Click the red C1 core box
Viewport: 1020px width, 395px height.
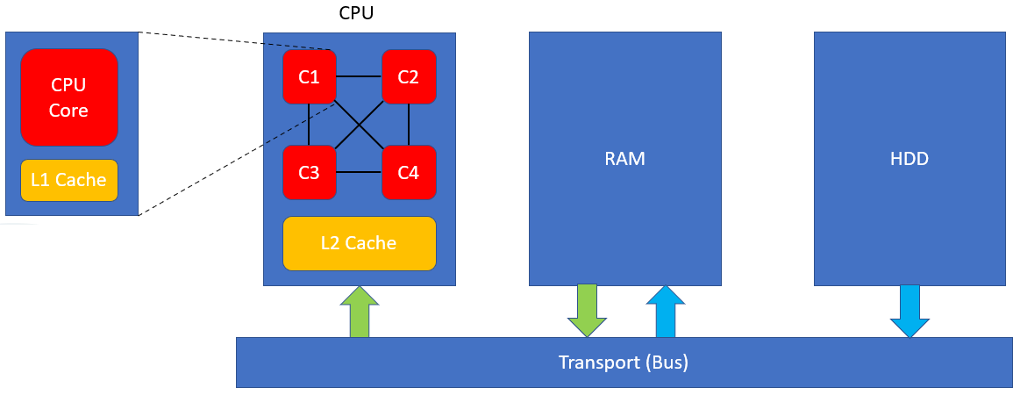[309, 76]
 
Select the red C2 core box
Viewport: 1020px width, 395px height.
[408, 76]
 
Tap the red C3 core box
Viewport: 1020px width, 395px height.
[309, 172]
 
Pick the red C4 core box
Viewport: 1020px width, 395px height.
[408, 172]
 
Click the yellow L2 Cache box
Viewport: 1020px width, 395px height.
[359, 243]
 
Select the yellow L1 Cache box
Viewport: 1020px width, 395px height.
[68, 180]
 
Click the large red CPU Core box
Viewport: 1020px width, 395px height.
[69, 97]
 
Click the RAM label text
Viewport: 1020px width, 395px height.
[624, 159]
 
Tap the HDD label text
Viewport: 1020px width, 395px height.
[909, 159]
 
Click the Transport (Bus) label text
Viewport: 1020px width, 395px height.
[624, 362]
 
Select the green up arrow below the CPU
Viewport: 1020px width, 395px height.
[359, 312]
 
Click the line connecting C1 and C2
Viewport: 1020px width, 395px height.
[358, 76]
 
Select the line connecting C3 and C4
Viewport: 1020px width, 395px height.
[358, 172]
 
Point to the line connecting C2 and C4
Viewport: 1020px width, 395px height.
[409, 124]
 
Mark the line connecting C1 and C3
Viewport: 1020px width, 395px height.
[309, 124]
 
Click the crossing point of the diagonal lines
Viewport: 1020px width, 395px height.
[359, 124]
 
